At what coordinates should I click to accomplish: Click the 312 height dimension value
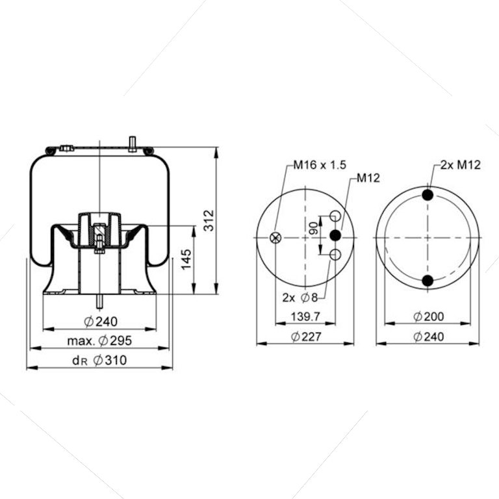click(209, 220)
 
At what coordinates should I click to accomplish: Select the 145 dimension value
click(186, 259)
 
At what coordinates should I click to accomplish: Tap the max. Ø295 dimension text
click(99, 341)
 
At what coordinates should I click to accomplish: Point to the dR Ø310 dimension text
click(99, 361)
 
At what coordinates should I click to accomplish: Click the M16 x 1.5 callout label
click(319, 165)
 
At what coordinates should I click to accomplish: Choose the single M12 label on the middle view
click(368, 178)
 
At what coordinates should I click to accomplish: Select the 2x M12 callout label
click(460, 165)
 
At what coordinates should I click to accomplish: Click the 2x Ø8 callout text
click(300, 298)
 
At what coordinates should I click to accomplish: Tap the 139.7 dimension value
click(305, 316)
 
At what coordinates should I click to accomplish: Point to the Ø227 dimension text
click(306, 337)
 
